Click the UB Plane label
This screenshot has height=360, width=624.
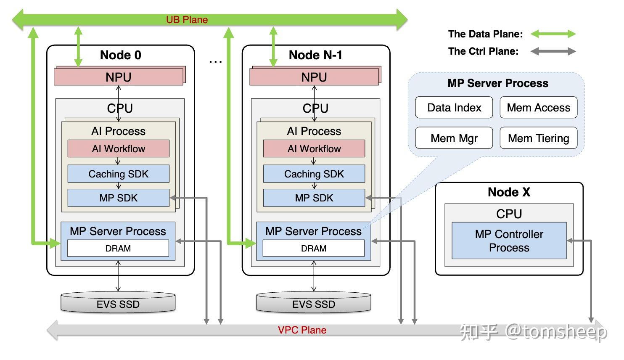[187, 20]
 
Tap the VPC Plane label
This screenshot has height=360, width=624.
[302, 330]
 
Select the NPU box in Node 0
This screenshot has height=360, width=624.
[118, 77]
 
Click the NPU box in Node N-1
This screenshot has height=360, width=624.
[314, 77]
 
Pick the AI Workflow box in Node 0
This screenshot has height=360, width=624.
[118, 149]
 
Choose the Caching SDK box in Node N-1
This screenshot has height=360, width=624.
[314, 174]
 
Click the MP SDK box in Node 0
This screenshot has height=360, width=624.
[118, 198]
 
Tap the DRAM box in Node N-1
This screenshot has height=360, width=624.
[314, 248]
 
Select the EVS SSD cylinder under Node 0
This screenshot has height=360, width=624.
[118, 303]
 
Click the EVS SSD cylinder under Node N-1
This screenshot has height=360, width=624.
[314, 303]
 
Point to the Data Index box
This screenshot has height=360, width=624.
[454, 108]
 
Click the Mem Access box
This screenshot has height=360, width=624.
[538, 108]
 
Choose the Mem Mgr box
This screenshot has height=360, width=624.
[454, 138]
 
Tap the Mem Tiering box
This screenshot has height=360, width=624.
[538, 138]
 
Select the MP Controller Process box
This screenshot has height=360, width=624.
[509, 241]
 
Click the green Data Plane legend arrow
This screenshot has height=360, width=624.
[553, 34]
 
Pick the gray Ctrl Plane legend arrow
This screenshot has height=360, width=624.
[553, 51]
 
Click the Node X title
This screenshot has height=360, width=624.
[509, 192]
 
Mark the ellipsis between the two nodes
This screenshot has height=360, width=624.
[215, 62]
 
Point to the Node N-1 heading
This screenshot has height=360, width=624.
[315, 55]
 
